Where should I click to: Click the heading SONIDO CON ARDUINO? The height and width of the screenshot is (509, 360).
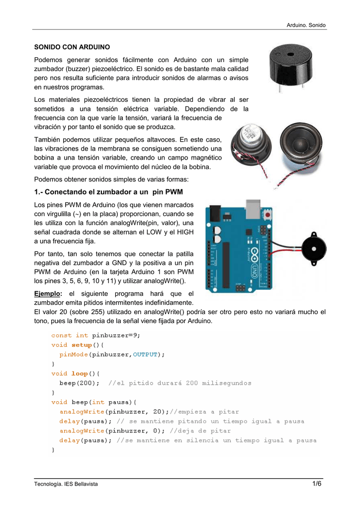click(72, 48)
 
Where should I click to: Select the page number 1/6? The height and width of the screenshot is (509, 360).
click(318, 484)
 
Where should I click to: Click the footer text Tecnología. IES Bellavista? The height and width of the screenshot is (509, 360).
click(67, 485)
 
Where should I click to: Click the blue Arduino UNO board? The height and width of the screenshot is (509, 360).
click(238, 246)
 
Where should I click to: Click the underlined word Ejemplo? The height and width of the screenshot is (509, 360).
click(48, 294)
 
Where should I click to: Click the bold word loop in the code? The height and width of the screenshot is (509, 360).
click(79, 373)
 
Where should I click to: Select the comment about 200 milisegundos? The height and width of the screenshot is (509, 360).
click(180, 383)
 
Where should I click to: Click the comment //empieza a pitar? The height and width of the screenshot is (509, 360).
click(204, 412)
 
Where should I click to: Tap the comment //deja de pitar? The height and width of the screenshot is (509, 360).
click(200, 430)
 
